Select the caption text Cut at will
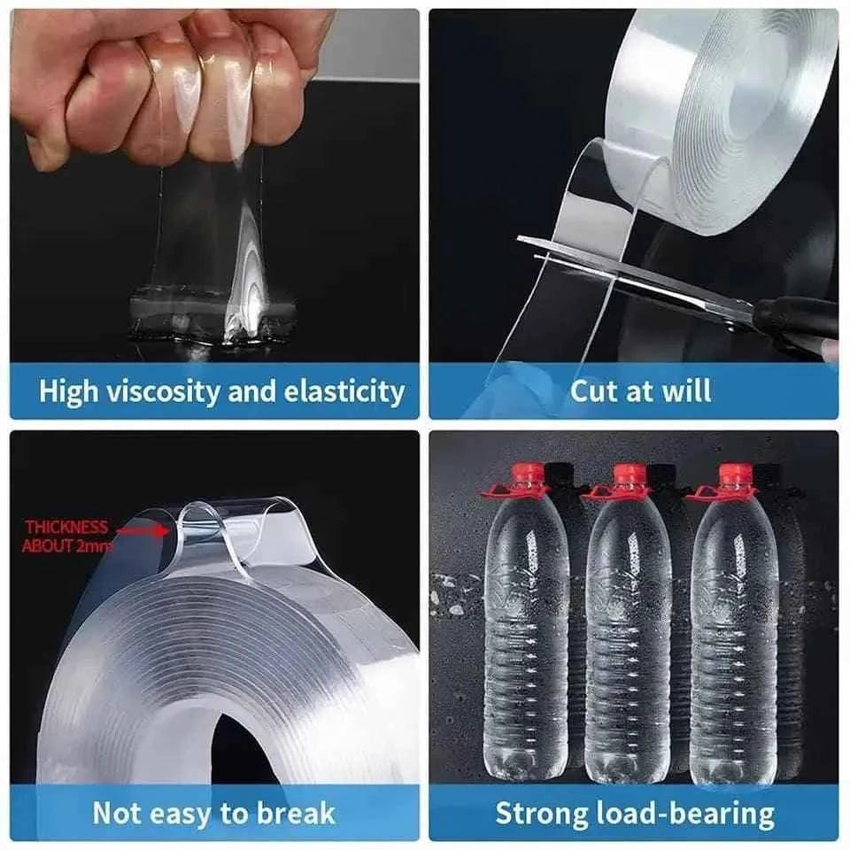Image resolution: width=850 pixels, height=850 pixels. (639, 391)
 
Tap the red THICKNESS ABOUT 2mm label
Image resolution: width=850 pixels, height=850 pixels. (67, 537)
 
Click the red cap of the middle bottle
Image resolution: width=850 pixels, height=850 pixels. (630, 476)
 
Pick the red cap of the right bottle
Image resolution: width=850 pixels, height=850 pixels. (734, 476)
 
